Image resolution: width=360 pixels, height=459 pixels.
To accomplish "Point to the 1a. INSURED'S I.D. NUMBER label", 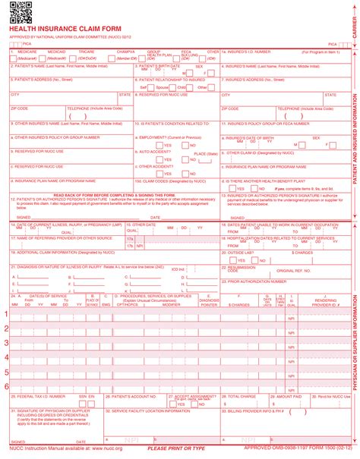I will (247, 52).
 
